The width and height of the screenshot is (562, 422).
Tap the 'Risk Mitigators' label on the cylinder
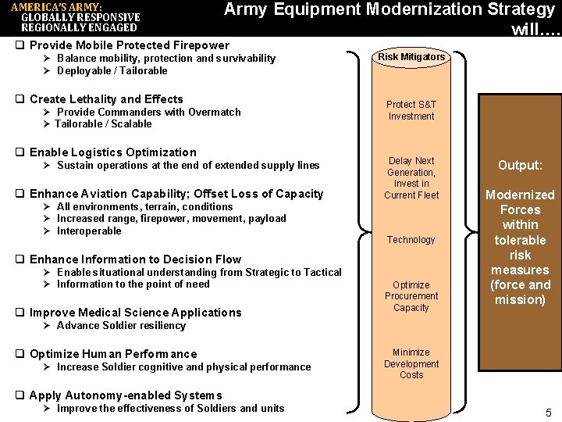(x=411, y=56)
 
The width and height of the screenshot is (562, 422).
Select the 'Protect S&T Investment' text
(x=411, y=110)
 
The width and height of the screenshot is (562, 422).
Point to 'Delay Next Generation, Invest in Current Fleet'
(x=411, y=177)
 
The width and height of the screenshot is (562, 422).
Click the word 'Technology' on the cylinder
(x=411, y=240)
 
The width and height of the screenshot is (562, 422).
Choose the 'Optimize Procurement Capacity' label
(x=411, y=296)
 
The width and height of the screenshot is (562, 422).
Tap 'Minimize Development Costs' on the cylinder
(x=411, y=363)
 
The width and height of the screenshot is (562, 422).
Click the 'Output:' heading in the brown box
(x=520, y=166)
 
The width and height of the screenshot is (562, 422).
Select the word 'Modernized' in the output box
(x=520, y=195)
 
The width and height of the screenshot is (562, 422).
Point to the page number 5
(x=548, y=413)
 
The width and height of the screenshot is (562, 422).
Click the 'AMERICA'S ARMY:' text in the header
(x=56, y=6)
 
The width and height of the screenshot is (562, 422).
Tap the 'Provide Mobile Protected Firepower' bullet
(x=130, y=45)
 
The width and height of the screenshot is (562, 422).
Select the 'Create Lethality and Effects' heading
(x=106, y=99)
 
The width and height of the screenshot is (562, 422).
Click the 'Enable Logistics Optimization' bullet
(x=113, y=152)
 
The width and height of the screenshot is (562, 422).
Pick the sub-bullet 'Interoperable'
(x=89, y=231)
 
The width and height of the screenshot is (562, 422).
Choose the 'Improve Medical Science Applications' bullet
(x=136, y=313)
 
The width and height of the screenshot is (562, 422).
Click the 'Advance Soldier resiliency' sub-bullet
(x=121, y=326)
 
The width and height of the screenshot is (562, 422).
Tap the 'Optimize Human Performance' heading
(x=113, y=354)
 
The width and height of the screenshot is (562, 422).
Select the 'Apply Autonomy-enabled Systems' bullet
(x=126, y=395)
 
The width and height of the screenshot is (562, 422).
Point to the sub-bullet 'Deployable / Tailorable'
(x=112, y=70)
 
